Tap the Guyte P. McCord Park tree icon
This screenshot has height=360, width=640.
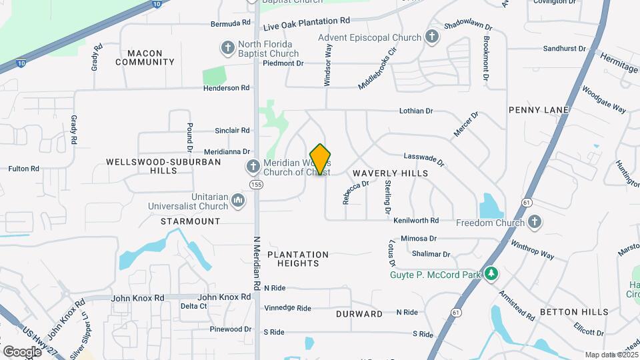tap(491, 273)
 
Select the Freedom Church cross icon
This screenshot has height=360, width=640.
tap(534, 221)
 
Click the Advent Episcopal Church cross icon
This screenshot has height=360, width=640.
tap(432, 37)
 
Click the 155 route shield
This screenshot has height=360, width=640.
tap(255, 184)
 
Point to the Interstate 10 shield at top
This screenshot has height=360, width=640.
tap(156, 3)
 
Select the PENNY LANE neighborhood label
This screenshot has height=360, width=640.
tap(538, 109)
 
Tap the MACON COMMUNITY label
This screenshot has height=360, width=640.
tap(145, 57)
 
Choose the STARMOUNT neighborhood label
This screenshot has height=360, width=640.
tap(190, 221)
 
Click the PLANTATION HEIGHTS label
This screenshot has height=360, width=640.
tap(298, 259)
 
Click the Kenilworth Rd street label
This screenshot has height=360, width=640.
tap(416, 220)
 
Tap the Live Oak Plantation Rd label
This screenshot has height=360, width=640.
tap(307, 25)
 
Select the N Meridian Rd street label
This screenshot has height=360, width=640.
tap(257, 264)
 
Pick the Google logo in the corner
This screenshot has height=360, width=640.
tap(22, 351)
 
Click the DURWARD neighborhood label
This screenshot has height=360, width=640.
tap(359, 314)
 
